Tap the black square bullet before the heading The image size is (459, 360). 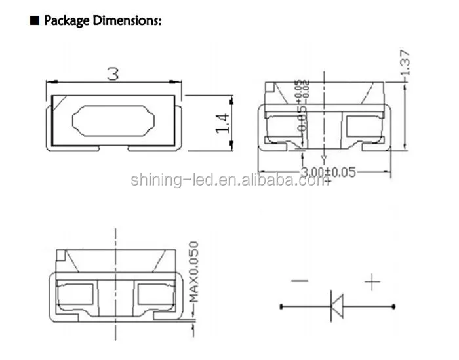click(35, 21)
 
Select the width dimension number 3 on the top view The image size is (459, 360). click(114, 73)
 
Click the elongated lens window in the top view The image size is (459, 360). click(115, 122)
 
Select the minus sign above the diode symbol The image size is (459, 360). click(300, 282)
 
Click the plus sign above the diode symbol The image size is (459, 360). click(372, 283)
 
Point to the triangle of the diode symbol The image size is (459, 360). click(336, 306)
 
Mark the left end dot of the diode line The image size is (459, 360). click(281, 306)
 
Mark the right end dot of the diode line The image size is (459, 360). click(394, 306)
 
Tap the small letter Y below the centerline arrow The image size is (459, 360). click(323, 159)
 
